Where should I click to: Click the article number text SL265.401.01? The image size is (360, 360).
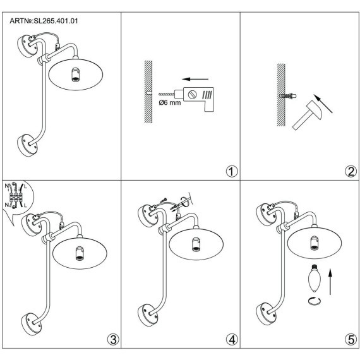[56, 21]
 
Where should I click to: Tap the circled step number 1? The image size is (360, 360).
[232, 171]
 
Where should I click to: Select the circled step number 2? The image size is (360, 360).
[351, 171]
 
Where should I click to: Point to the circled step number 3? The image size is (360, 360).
[114, 339]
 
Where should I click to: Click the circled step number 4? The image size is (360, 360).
[232, 339]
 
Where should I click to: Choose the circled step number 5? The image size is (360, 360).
[351, 339]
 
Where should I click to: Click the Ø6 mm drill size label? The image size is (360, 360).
[170, 102]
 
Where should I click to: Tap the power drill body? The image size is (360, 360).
[198, 97]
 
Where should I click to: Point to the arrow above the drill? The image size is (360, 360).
[195, 79]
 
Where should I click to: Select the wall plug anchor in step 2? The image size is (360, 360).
[287, 95]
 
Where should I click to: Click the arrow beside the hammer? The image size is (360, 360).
[323, 104]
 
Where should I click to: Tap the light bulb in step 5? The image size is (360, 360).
[315, 278]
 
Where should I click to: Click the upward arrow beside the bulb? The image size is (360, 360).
[330, 281]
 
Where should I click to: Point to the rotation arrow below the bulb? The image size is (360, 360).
[315, 301]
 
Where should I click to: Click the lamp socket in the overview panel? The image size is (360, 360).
[76, 75]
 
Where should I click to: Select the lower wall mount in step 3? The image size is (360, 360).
[32, 324]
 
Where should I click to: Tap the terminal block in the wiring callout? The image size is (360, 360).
[16, 196]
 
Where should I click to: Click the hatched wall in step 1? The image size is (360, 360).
[148, 92]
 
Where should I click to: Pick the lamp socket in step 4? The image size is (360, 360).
[196, 244]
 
